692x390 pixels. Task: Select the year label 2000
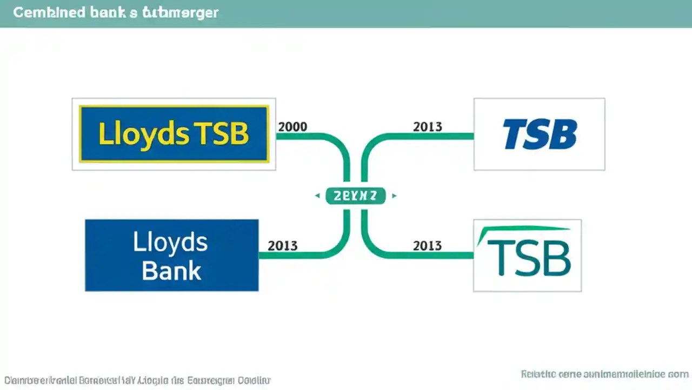coord(292,127)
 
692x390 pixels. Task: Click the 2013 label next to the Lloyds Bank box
coord(282,245)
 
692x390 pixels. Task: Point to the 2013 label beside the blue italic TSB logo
coord(428,127)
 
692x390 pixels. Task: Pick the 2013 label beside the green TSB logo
coord(428,245)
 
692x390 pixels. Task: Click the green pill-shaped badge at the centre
coord(355,196)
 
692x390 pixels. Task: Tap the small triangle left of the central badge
coord(317,196)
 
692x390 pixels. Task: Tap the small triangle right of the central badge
coord(394,196)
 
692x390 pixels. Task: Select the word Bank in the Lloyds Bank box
coord(171,271)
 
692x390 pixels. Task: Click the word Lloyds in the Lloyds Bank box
coord(170,242)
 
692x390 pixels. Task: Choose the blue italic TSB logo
coord(539,134)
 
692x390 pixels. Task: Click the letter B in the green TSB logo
coord(555,258)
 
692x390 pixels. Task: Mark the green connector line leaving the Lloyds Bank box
coord(303,255)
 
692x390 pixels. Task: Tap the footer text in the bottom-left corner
coord(138,380)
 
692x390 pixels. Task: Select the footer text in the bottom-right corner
coord(604,374)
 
